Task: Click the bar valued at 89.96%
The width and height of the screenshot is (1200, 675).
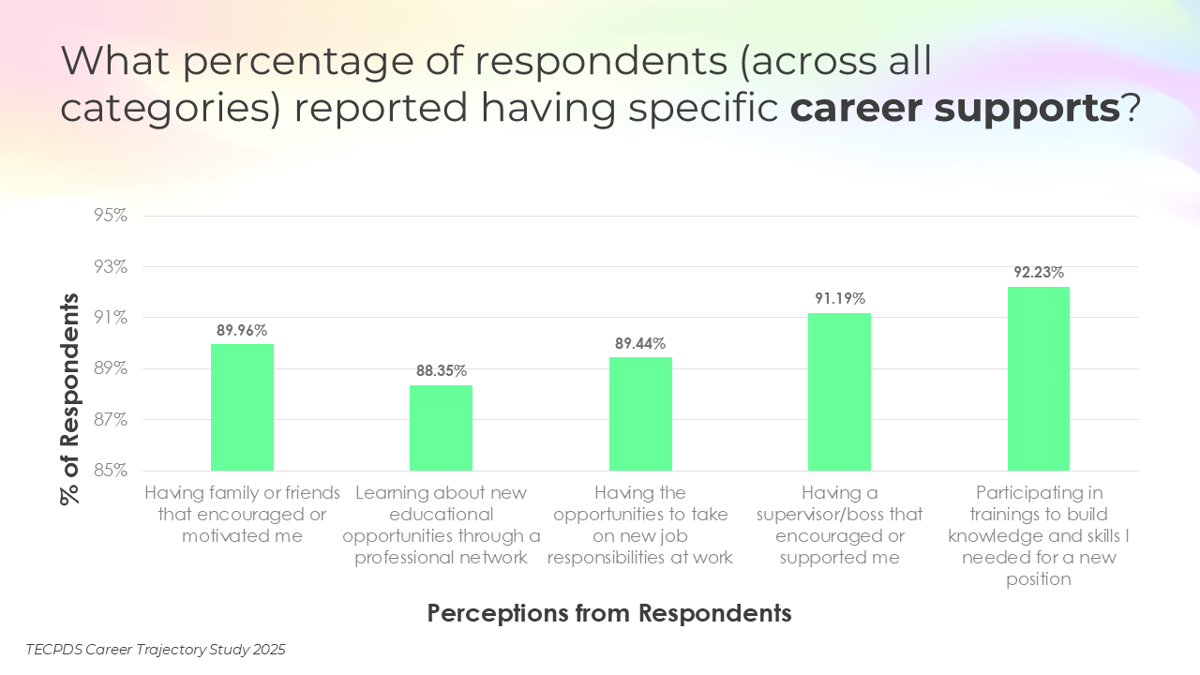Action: (x=242, y=407)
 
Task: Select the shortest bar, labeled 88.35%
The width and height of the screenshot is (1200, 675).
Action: (x=441, y=427)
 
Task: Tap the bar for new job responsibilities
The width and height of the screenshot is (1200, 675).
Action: (x=640, y=413)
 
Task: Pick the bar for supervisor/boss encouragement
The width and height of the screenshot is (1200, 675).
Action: (x=839, y=391)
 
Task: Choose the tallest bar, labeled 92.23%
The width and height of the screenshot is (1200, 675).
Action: (x=1038, y=378)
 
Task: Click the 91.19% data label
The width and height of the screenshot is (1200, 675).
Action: (x=839, y=299)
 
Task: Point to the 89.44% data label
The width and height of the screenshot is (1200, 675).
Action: (x=640, y=344)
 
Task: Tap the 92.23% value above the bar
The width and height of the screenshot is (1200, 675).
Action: (x=1038, y=273)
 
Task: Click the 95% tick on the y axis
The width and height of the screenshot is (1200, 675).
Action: (x=110, y=216)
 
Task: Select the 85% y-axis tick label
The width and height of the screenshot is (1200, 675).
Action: (x=110, y=470)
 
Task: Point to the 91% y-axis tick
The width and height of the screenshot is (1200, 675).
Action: (x=110, y=318)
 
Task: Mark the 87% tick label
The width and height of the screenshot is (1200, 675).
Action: (x=110, y=419)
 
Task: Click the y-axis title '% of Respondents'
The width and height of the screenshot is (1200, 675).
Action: (x=70, y=399)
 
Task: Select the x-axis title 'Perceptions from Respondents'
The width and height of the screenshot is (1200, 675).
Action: (x=609, y=613)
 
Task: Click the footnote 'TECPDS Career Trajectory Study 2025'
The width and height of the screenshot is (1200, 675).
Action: (x=156, y=649)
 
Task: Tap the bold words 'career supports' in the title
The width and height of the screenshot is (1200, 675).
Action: (x=954, y=109)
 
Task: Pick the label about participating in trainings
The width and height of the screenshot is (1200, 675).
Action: (x=1038, y=535)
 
